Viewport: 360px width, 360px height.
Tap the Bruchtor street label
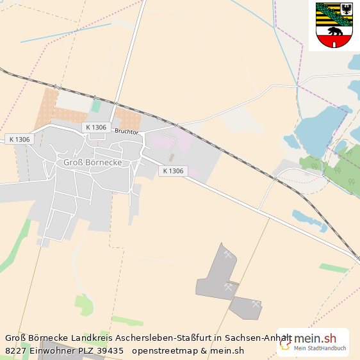pos(127,131)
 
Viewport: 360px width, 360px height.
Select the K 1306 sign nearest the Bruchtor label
pos(95,127)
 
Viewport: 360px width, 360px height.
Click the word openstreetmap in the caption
pos(164,350)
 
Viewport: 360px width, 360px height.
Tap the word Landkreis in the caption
pos(92,338)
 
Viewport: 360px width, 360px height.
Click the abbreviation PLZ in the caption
pos(81,350)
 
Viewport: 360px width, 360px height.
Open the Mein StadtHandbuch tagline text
pos(320,348)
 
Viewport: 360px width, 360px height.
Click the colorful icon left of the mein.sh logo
pos(286,343)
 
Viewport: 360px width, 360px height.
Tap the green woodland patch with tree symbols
pos(341,170)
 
